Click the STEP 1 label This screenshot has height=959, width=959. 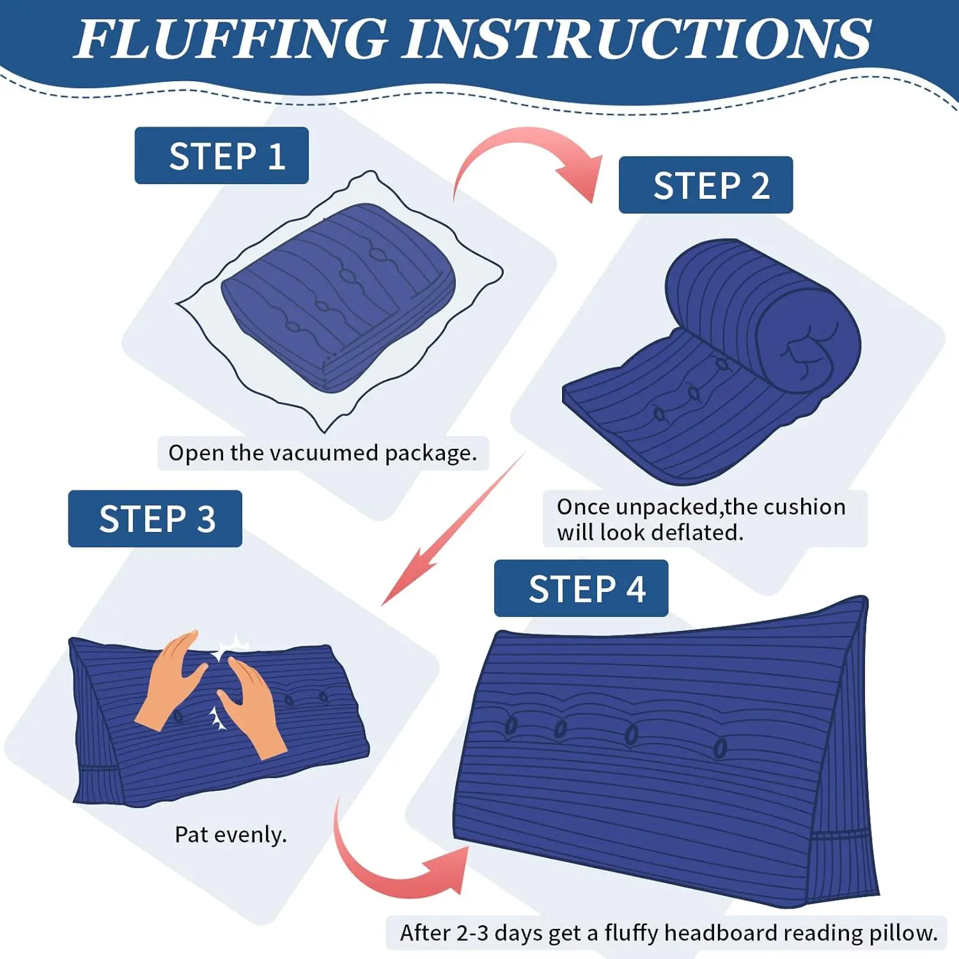221,155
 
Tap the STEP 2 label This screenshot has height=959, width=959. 706,185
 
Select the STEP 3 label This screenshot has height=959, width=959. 155,518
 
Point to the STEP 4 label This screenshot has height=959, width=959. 581,588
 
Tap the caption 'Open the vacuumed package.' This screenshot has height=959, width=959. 323,453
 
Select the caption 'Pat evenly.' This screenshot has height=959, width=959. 231,834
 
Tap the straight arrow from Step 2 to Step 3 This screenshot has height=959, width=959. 453,529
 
